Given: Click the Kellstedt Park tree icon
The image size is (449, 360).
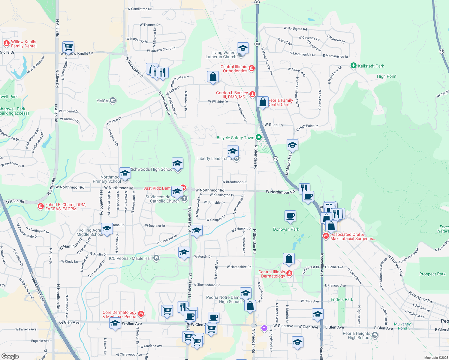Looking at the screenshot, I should (354, 66).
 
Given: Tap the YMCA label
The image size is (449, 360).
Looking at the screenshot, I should (102, 101).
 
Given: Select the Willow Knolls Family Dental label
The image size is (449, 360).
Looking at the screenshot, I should (24, 44).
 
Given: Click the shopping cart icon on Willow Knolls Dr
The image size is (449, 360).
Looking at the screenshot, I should (68, 47).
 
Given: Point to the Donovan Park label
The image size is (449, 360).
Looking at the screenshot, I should (286, 229).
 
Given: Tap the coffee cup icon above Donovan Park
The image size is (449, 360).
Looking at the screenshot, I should (290, 216).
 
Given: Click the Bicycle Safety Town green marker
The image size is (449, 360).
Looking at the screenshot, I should (259, 137).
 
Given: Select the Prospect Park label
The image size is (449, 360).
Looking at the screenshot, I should (432, 274).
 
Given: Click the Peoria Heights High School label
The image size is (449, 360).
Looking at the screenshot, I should (357, 335).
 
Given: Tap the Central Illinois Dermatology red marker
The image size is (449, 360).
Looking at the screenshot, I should (289, 273).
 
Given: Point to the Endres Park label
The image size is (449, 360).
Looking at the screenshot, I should (342, 299).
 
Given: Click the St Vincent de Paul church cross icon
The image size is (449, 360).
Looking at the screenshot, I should (184, 198).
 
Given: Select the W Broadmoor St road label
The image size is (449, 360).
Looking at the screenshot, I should (234, 182).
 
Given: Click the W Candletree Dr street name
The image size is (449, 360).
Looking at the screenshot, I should (139, 9).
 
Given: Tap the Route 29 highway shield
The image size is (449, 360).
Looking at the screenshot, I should (441, 51).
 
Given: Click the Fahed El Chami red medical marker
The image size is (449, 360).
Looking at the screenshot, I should (41, 206).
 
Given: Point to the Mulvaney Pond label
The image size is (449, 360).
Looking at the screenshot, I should (402, 326).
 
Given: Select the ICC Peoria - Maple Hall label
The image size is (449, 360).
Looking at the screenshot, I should (130, 258).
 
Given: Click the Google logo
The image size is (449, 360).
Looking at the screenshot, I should (10, 356).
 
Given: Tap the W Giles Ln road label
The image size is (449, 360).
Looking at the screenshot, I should (273, 125).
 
